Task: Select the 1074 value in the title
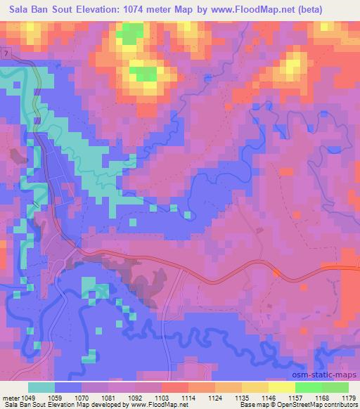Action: pyautogui.click(x=155, y=11)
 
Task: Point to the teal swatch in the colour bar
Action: pyautogui.click(x=41, y=388)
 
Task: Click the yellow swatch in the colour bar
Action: pyautogui.click(x=282, y=388)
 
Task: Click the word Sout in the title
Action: pyautogui.click(x=65, y=11)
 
